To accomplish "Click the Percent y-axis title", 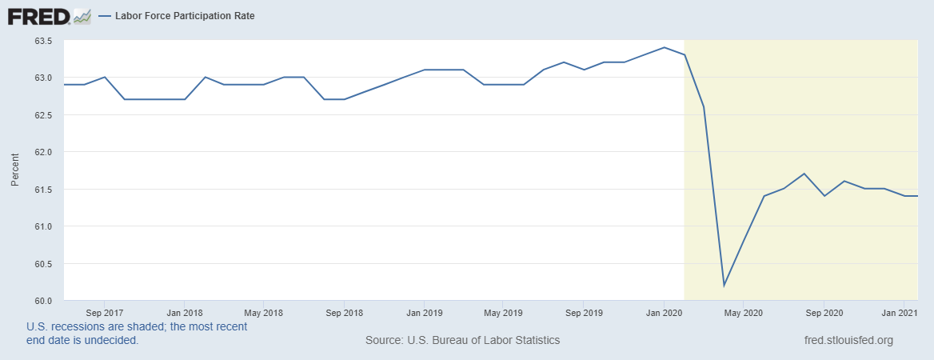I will coord(14,171).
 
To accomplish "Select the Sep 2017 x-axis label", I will coord(104,313).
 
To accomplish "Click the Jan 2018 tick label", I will coord(184,313).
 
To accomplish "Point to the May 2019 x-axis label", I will coord(503,313).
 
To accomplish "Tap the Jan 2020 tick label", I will coord(663,313).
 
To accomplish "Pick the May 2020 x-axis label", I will coord(743,313).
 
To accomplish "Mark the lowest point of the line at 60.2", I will coord(724,286).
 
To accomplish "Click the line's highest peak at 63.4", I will coord(664,47).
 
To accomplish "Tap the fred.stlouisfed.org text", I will coord(848,340).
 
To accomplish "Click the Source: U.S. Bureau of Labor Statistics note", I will coord(462,340).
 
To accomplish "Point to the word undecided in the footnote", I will coord(114,340).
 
